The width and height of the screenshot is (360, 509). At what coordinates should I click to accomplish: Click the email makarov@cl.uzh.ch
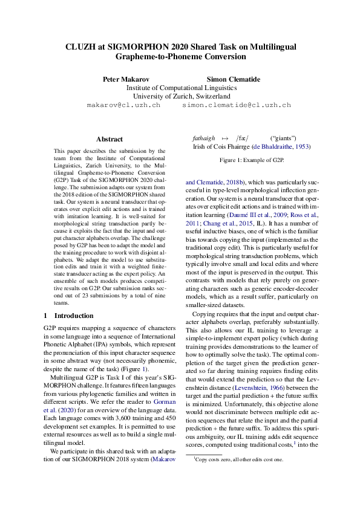[123, 105]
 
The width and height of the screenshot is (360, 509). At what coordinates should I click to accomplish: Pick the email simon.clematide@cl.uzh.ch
[237, 105]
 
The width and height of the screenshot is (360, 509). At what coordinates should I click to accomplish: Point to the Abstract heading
[109, 139]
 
